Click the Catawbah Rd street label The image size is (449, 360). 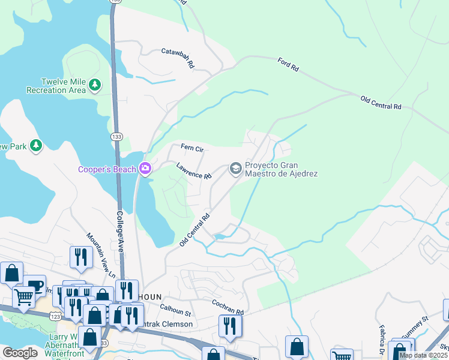(x=178, y=57)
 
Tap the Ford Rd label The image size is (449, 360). (x=288, y=65)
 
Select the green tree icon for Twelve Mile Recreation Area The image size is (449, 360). (x=94, y=85)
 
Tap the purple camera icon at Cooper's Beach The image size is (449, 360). (x=145, y=169)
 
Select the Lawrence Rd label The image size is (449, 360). (x=194, y=172)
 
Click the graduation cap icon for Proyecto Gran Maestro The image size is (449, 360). (x=235, y=169)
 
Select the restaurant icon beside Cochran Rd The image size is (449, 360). (x=230, y=325)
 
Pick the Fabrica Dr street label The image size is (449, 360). (x=381, y=339)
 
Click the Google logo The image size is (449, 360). (x=20, y=353)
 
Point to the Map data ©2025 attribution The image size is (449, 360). (x=423, y=355)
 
